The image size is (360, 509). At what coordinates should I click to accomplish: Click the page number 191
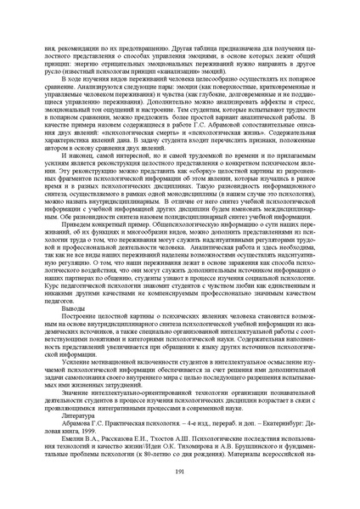point(179,472)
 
